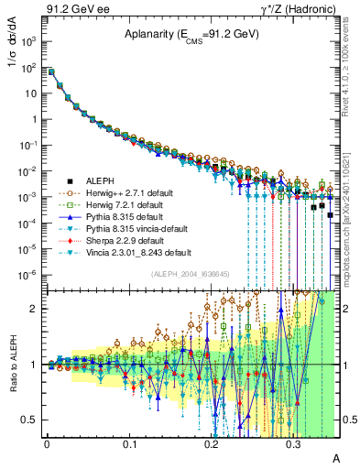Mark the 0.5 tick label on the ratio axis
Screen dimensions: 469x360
tap(30, 420)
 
